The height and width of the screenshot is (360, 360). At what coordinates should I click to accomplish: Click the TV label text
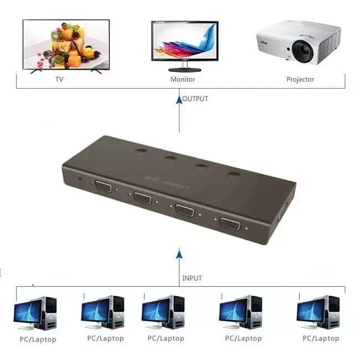[59, 79]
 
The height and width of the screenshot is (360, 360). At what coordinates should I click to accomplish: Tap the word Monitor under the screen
[183, 79]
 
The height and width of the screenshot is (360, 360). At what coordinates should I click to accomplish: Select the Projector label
[300, 79]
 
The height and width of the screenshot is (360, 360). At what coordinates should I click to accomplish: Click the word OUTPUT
[195, 99]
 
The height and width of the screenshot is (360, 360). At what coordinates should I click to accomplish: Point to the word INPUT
[192, 278]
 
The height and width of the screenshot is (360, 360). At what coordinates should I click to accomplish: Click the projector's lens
[302, 51]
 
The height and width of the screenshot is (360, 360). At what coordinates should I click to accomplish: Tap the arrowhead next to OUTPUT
[179, 100]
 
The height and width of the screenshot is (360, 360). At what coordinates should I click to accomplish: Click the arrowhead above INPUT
[179, 254]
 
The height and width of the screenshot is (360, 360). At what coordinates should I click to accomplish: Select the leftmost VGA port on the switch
[104, 187]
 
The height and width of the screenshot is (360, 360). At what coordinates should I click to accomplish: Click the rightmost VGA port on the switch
[230, 223]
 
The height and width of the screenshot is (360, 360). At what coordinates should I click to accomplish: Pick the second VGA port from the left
[142, 198]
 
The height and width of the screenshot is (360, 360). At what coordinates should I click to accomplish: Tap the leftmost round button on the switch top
[141, 151]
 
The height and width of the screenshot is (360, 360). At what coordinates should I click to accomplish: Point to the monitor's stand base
[185, 70]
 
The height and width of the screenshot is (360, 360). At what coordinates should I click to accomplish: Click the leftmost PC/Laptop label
[38, 340]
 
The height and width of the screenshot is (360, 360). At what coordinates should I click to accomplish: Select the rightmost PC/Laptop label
[321, 338]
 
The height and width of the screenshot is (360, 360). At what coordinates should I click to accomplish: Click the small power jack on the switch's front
[80, 178]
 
